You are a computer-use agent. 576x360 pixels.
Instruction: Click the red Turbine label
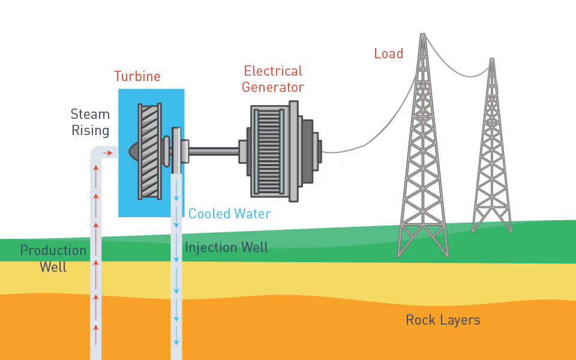(137, 77)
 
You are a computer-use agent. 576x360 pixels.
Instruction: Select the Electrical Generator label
(272, 79)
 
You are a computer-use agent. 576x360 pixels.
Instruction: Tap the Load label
(388, 54)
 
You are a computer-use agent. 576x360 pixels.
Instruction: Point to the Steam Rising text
(91, 122)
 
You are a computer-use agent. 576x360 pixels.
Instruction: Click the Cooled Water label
(229, 214)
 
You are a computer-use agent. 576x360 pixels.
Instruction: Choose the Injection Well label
(226, 247)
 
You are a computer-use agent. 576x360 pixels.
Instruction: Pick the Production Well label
(53, 259)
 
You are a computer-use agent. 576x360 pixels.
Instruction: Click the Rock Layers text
(443, 320)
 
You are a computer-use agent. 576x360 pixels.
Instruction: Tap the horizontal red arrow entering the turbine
(107, 154)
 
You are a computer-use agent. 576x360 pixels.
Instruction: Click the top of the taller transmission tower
(423, 37)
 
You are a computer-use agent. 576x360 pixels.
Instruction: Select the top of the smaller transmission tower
(491, 61)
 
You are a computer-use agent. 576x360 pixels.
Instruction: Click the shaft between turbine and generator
(214, 151)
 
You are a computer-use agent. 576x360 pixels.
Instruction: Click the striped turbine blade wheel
(150, 151)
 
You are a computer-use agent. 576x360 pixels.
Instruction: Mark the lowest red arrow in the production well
(95, 328)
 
